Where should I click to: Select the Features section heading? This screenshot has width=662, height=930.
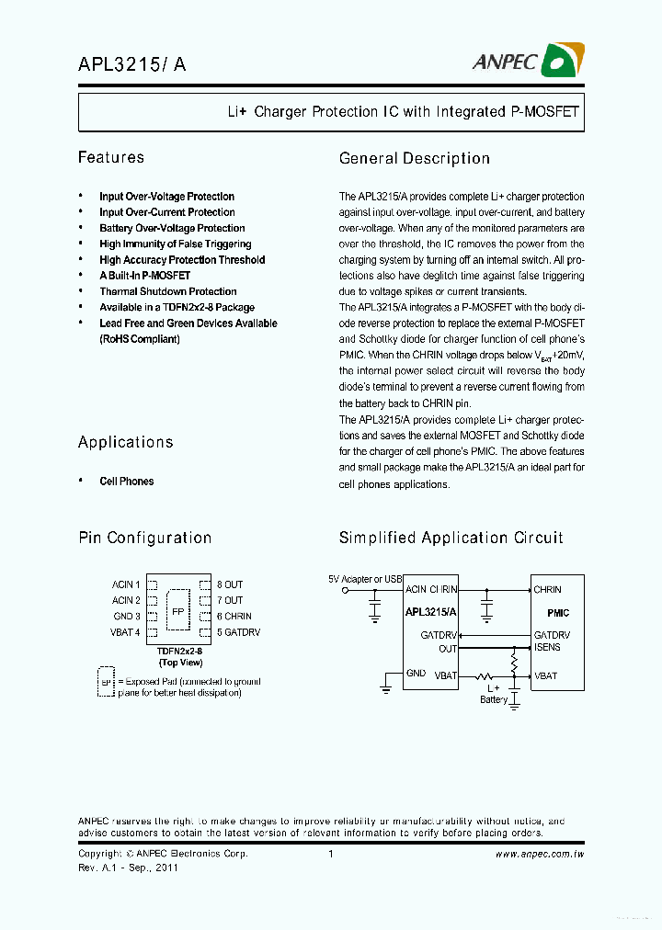pos(111,158)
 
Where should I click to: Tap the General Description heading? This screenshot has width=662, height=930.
pos(414,159)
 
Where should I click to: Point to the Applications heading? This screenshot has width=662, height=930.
pos(125,442)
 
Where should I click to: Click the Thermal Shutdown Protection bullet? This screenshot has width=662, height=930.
pos(167,291)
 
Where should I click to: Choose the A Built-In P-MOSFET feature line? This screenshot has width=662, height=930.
pos(144,276)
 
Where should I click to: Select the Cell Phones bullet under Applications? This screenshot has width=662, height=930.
pos(126,482)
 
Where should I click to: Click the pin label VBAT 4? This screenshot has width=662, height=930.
pos(126,632)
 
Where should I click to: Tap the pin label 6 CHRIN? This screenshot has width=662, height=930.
pos(234,617)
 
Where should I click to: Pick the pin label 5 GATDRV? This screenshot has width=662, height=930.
pos(238,632)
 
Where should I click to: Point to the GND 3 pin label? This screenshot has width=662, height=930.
pos(127,617)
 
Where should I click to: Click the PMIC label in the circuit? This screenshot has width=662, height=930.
pos(557,612)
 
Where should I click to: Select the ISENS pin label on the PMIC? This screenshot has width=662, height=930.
pos(547,647)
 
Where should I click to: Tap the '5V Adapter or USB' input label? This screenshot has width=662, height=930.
pos(365,579)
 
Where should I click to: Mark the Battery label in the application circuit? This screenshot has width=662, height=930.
pos(494,699)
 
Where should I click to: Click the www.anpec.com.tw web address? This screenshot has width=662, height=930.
pos(540,854)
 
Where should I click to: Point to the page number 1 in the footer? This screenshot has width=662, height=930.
pos(330,854)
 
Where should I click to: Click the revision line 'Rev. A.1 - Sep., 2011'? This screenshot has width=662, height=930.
pos(128,868)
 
